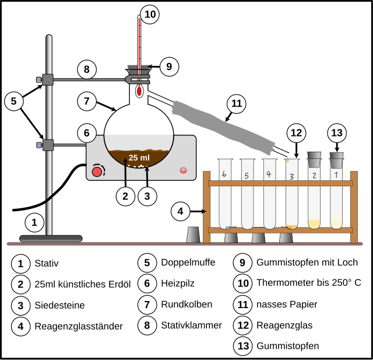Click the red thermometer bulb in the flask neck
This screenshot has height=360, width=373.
(139, 91)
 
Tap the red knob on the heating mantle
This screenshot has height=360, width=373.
(97, 171)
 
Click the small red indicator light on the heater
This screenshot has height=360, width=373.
(183, 170)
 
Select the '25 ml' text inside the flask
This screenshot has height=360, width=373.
(139, 158)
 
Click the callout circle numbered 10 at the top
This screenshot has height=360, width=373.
(150, 14)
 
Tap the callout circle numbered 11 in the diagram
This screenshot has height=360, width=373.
(236, 103)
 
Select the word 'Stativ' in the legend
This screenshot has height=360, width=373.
(47, 263)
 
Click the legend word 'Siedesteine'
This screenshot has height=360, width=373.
(59, 305)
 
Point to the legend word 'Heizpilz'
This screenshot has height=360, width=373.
(178, 284)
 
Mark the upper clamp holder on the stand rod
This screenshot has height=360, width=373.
(48, 79)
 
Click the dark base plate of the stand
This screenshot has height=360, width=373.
(51, 238)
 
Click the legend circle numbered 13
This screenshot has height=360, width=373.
(243, 346)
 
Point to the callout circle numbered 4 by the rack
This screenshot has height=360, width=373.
(181, 211)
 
